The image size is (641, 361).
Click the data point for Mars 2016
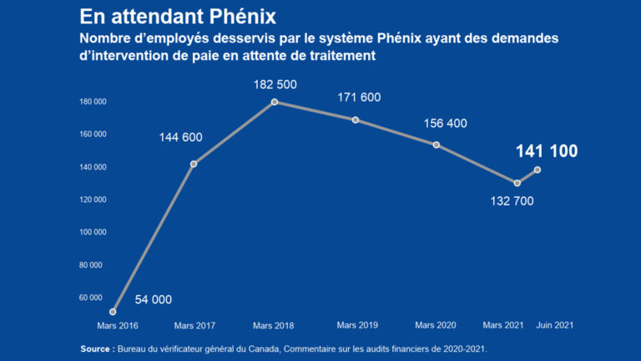point(113,312)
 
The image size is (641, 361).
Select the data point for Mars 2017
point(194,164)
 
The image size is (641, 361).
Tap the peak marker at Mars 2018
point(275,102)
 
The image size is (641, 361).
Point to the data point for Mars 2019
point(356,119)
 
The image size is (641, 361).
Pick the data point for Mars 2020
point(437,145)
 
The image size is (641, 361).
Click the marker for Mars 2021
point(517,183)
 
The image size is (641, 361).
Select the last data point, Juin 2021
point(538,170)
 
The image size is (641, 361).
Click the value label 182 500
point(275,84)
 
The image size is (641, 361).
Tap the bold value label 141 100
point(547,151)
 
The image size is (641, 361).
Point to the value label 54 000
point(153,299)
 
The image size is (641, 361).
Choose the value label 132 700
point(512,201)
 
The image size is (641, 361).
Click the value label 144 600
point(181,137)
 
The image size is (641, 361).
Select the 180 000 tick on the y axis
point(92,102)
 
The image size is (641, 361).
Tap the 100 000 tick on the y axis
point(92,232)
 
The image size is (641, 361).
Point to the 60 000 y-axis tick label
point(93,297)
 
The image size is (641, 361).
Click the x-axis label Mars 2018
point(273,325)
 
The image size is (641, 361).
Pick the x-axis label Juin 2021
point(554,324)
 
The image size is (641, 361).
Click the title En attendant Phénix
point(178,17)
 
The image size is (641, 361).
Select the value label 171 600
point(359,98)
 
